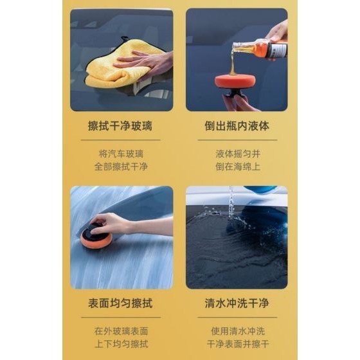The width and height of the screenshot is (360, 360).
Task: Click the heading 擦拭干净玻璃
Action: (x=121, y=127)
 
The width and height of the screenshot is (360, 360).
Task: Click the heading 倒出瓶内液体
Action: (x=237, y=127)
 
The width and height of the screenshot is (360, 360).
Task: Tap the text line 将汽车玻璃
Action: (x=121, y=154)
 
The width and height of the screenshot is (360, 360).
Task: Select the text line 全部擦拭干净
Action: (x=121, y=166)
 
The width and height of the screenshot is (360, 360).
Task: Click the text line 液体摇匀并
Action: (x=237, y=154)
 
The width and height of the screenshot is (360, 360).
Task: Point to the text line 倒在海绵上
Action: (x=237, y=166)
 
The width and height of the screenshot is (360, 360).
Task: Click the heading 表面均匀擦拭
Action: (x=121, y=303)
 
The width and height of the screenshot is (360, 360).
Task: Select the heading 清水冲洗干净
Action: (x=237, y=303)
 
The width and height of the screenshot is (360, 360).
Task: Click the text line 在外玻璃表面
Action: (x=121, y=330)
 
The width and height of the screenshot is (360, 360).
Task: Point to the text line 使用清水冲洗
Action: (x=237, y=330)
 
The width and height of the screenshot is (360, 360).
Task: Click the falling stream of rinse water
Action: (x=230, y=203)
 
